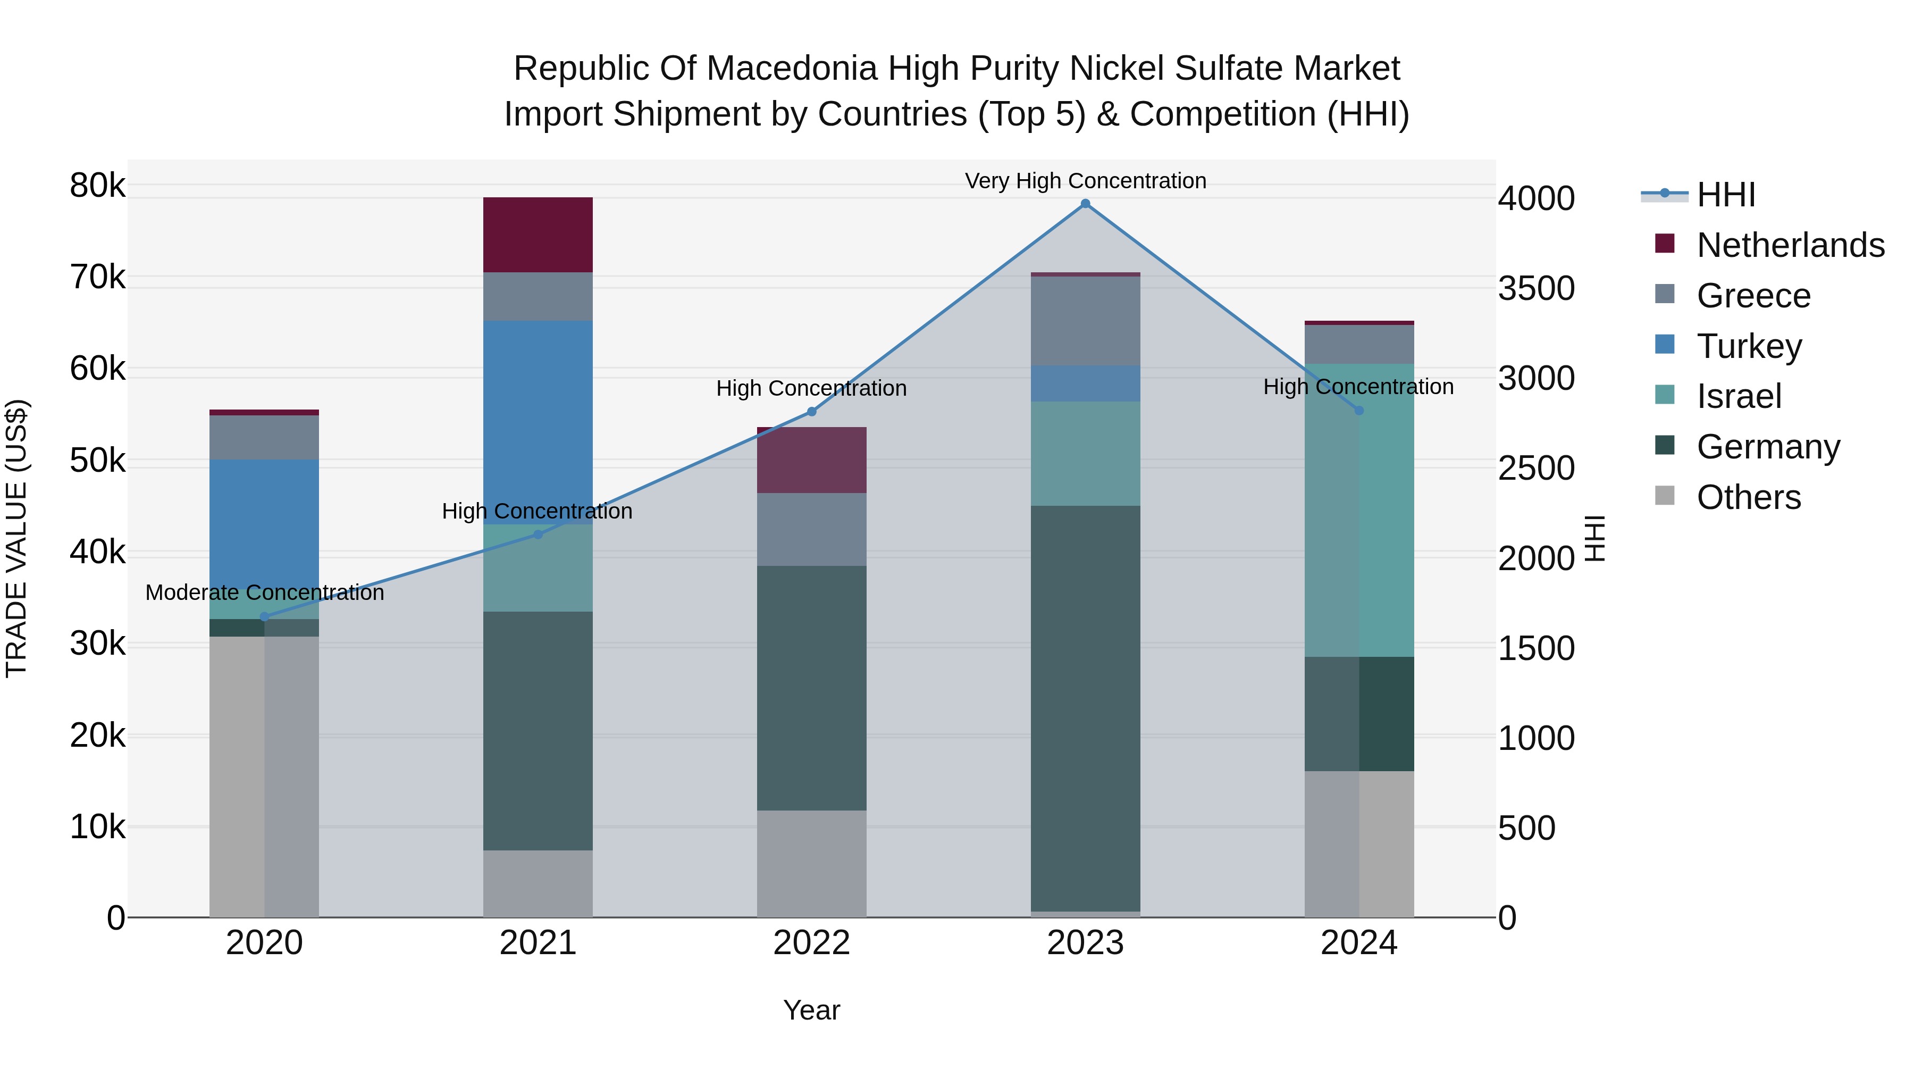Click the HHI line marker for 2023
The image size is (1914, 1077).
tap(1085, 204)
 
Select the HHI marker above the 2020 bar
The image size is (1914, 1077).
tap(265, 617)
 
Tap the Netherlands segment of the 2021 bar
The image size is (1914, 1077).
tap(538, 235)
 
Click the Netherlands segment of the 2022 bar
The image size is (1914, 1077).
tap(811, 460)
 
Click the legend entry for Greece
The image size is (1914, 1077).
tap(1753, 296)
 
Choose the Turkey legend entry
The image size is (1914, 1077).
tap(1749, 346)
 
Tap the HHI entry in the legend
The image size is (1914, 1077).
tap(1726, 195)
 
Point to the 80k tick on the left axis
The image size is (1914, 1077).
tap(98, 185)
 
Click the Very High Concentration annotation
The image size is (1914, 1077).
tap(1085, 181)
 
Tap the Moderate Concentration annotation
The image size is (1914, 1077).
tap(265, 593)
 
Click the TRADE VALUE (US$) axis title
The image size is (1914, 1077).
tap(17, 538)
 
